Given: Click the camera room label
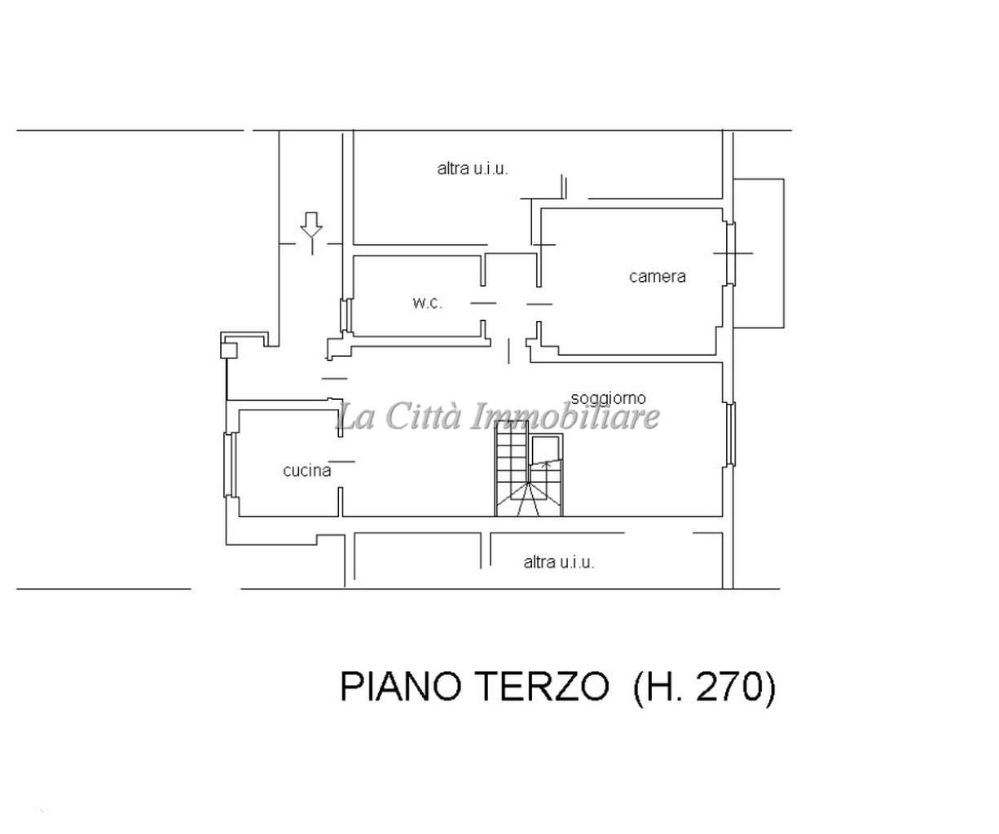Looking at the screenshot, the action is pos(657,276).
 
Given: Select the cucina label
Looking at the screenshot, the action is pos(306,471).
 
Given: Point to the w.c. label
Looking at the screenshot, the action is pos(427,303).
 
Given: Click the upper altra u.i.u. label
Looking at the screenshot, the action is pos(473,169).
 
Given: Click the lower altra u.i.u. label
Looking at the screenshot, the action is pos(559,562).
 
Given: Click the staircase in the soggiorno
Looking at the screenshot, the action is pos(529,468).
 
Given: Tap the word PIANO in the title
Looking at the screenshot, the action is pos(405,687).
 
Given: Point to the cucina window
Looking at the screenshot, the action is pos(230,465).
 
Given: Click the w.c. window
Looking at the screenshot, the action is pos(346,315).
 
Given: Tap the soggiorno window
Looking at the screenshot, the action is pos(731,434).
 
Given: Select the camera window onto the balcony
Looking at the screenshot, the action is pos(731,254).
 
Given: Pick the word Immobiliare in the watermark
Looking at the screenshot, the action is pos(565,416).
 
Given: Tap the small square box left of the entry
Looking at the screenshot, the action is pos(229,350).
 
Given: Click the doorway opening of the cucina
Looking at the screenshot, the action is pos(341,462).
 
